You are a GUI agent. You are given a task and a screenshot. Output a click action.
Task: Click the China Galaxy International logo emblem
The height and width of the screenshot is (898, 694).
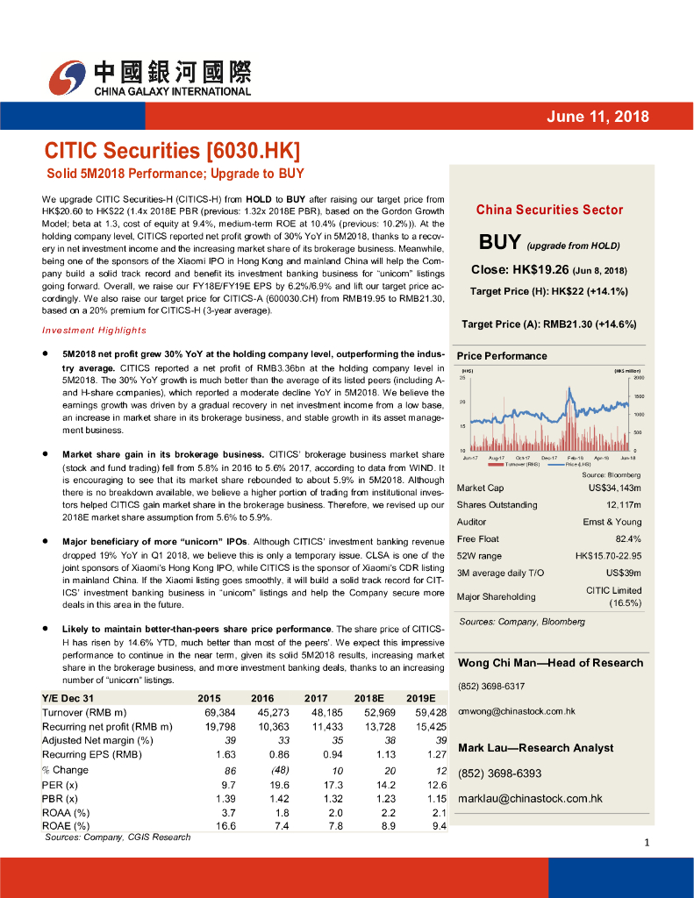click(x=68, y=79)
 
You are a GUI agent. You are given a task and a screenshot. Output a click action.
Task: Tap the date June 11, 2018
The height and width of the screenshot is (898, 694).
click(x=597, y=117)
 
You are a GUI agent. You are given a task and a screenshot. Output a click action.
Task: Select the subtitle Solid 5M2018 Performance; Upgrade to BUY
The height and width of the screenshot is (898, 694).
click(x=175, y=174)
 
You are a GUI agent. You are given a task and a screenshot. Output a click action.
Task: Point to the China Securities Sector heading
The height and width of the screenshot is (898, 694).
click(x=549, y=210)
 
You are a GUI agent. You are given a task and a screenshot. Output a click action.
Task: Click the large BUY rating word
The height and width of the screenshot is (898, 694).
click(x=500, y=241)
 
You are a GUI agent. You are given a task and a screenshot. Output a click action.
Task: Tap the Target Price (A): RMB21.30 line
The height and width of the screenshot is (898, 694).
click(x=548, y=324)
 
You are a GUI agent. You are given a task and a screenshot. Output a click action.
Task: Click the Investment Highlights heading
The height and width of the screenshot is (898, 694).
click(x=94, y=330)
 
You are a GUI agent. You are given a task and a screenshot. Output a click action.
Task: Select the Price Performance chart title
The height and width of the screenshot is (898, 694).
click(x=501, y=356)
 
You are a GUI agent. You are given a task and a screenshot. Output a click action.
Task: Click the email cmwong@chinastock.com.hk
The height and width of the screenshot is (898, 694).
click(x=517, y=711)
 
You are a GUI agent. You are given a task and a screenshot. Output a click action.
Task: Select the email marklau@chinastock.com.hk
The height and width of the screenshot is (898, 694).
click(x=530, y=798)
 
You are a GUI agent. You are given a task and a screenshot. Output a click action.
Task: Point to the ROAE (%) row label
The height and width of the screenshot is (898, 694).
click(x=66, y=825)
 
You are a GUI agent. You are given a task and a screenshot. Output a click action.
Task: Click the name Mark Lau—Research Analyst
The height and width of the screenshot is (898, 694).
click(x=536, y=747)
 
